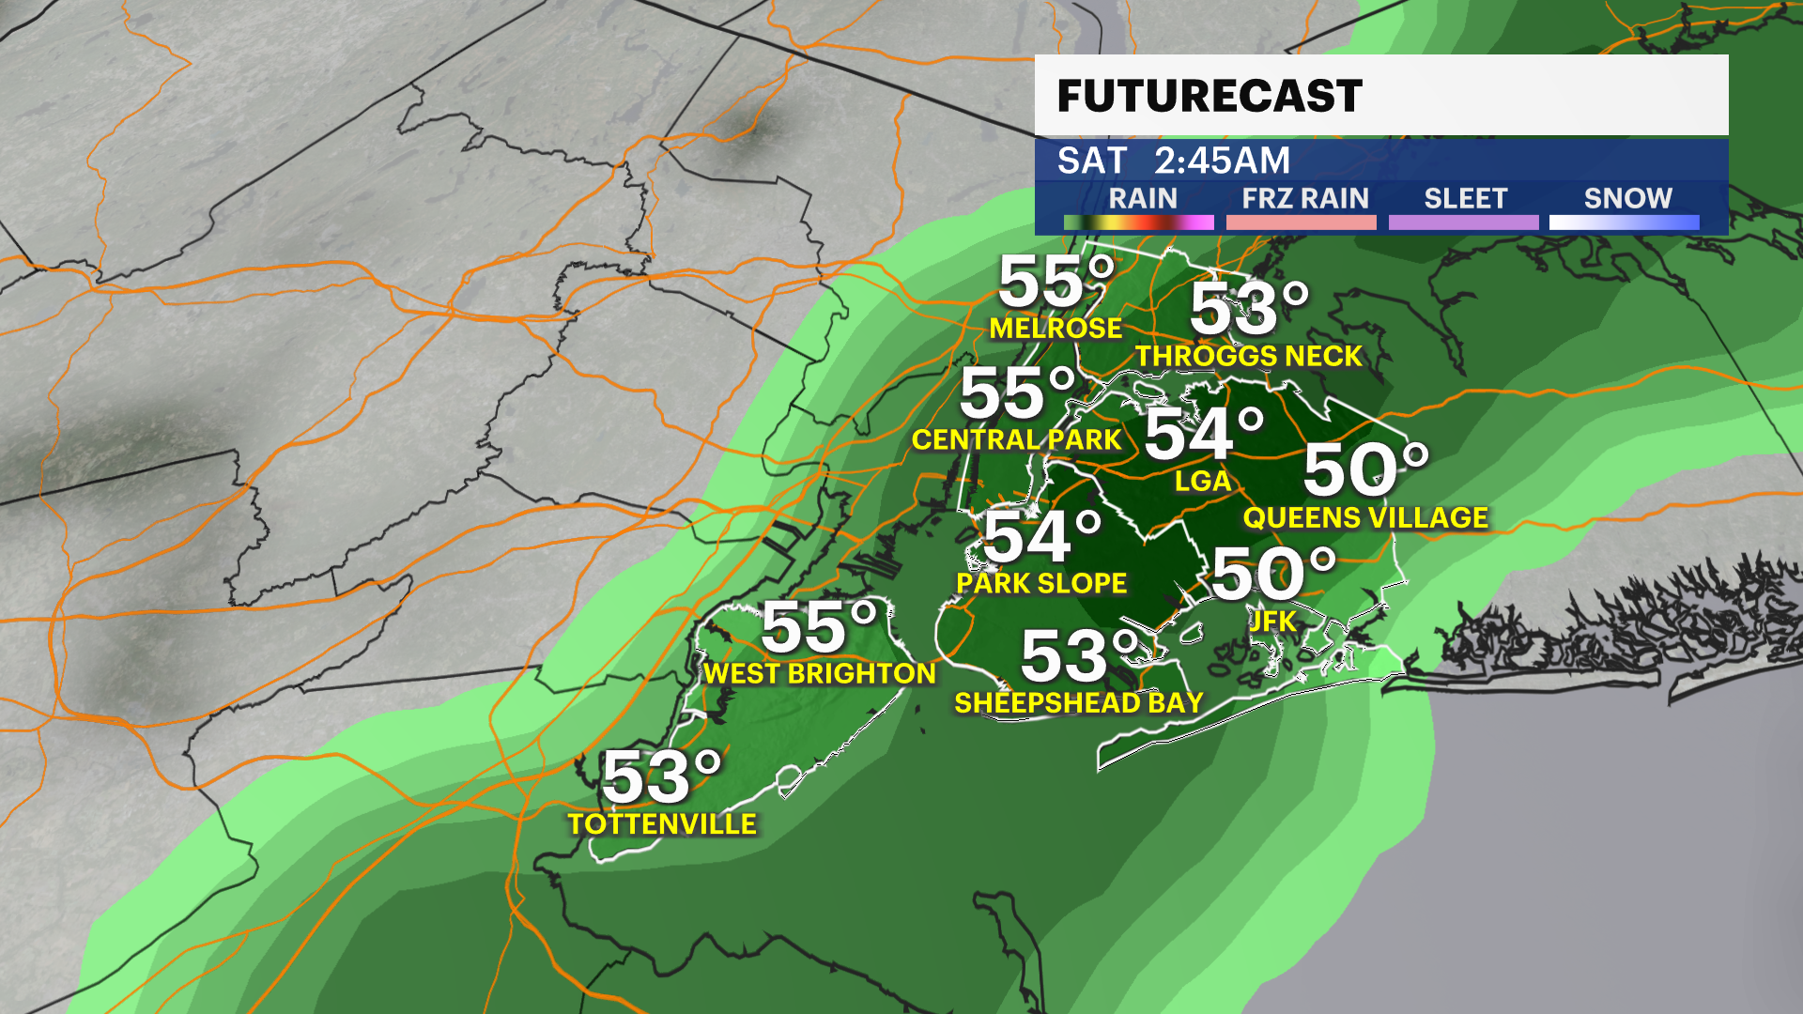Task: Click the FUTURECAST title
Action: pos(1210,96)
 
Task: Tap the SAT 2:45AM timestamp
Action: pos(1174,161)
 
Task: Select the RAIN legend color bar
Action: pos(1138,223)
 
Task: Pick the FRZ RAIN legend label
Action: pos(1305,198)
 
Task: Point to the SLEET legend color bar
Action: pos(1463,223)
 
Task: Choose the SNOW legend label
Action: pos(1627,198)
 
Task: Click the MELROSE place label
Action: pos(1056,328)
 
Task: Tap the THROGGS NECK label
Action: pos(1248,356)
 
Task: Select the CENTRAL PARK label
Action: pos(1016,439)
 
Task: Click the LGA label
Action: pos(1202,481)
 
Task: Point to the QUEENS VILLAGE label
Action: pos(1365,517)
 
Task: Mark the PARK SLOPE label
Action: pos(1041,583)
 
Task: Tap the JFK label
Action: pos(1272,621)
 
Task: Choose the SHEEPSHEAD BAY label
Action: pos(1078,702)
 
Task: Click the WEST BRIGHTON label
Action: pos(820,673)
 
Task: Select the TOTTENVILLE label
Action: pos(662,823)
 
